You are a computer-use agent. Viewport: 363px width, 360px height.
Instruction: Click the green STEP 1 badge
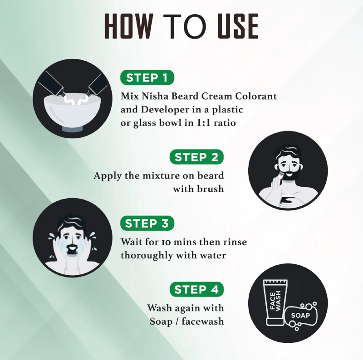click(x=147, y=78)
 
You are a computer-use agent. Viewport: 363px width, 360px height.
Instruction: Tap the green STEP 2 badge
click(x=196, y=157)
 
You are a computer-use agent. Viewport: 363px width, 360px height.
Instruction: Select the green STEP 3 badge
click(x=147, y=223)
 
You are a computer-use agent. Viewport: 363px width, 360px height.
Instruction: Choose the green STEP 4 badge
click(x=196, y=289)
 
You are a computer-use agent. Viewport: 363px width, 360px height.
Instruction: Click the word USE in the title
click(x=238, y=26)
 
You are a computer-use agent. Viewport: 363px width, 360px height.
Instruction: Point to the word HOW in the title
click(x=129, y=26)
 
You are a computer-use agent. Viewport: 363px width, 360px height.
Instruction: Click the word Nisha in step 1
click(x=155, y=96)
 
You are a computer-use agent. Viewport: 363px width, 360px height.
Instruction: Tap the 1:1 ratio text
click(x=216, y=122)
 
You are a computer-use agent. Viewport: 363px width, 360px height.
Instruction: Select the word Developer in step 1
click(x=165, y=110)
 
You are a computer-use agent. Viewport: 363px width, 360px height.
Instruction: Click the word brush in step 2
click(x=211, y=189)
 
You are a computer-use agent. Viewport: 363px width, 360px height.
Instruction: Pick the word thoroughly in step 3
click(x=147, y=256)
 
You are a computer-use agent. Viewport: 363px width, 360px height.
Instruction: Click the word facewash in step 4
click(x=203, y=321)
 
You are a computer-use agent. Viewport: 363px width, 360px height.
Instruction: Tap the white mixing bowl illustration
click(x=73, y=110)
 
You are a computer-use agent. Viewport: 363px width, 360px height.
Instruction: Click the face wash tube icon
click(x=276, y=302)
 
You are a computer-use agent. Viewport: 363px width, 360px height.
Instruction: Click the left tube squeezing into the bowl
click(x=52, y=84)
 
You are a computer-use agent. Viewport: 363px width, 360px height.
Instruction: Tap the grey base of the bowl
click(x=72, y=128)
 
